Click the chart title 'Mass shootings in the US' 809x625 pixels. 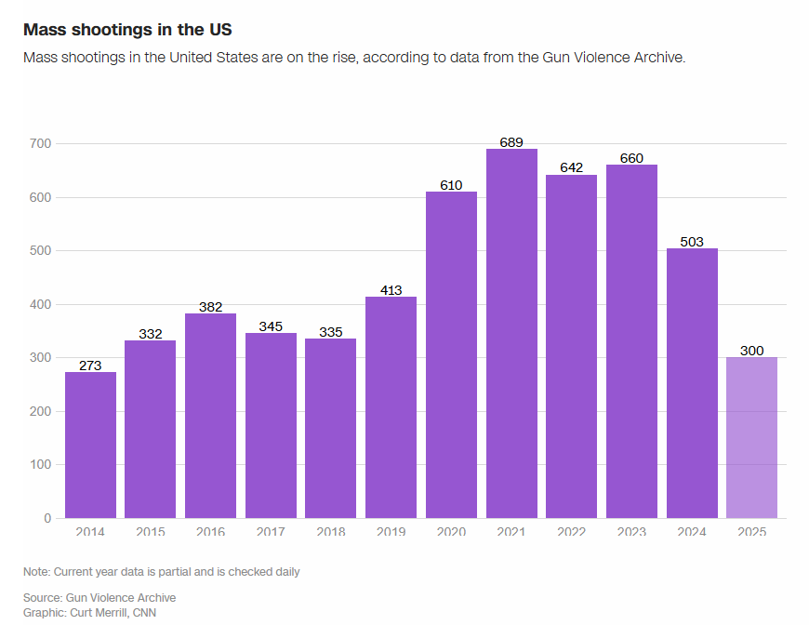point(126,30)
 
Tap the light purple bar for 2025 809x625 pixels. point(751,437)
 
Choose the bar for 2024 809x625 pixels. point(692,382)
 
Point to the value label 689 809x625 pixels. point(511,142)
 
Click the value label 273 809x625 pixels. point(90,366)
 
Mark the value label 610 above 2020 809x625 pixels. point(451,185)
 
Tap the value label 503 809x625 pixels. point(692,242)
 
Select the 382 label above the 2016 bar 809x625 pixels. point(210,307)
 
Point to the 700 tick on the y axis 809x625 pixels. point(40,144)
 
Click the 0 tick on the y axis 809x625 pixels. point(47,518)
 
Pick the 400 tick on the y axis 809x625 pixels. point(40,304)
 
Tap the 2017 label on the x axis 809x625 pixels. point(271,532)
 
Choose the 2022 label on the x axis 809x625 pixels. point(571,532)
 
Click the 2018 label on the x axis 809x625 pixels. point(330,532)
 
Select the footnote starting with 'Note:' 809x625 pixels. point(162,572)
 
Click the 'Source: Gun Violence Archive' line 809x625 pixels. point(99,597)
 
